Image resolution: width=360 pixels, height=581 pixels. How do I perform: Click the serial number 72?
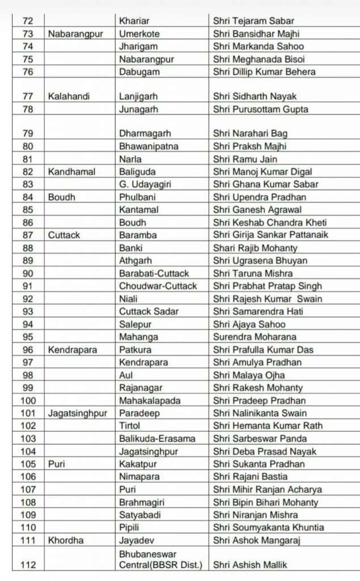(x=28, y=21)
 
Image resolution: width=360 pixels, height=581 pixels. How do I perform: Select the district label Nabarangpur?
(x=75, y=34)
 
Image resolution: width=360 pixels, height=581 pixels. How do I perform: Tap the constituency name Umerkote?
(x=139, y=34)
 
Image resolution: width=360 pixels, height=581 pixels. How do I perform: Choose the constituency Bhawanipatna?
(x=149, y=146)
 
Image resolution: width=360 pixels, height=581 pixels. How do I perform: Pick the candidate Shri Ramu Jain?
(x=245, y=159)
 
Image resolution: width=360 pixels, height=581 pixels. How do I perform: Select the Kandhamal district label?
(x=71, y=171)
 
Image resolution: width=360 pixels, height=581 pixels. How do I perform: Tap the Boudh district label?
(x=61, y=197)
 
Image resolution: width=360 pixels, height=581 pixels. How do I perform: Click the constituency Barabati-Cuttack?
(x=154, y=273)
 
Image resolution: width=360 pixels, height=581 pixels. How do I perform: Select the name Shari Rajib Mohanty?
(x=255, y=248)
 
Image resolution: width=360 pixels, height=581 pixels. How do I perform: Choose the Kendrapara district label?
(x=73, y=350)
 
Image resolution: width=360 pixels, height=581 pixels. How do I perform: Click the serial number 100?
(x=28, y=401)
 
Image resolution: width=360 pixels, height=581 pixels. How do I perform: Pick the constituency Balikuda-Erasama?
(x=157, y=439)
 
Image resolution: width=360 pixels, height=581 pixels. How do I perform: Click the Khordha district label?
(x=66, y=540)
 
